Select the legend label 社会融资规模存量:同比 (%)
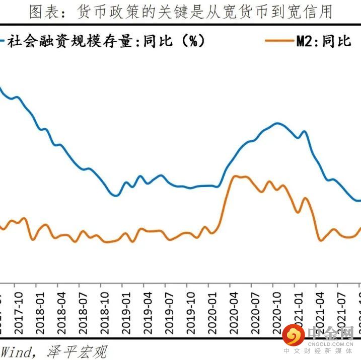[x=106, y=41]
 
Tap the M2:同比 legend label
[x=323, y=41]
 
